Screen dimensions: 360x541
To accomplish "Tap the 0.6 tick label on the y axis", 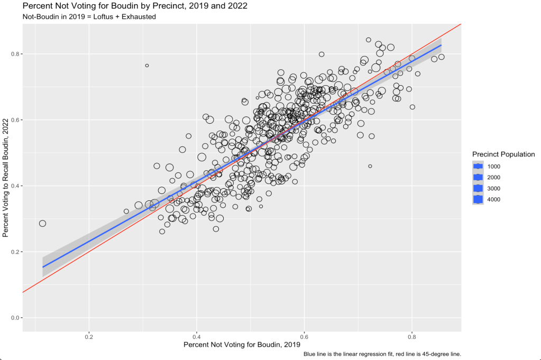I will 14,120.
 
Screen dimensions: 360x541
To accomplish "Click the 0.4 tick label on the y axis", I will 14,186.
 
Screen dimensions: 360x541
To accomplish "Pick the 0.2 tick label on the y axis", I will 14,252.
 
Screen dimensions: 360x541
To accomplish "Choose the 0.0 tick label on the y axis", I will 14,318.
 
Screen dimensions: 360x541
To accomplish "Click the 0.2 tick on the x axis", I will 89,336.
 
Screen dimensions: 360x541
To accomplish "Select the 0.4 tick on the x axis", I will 197,336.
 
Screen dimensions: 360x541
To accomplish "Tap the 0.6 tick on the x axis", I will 305,336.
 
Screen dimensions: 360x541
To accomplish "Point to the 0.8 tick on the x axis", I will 412,336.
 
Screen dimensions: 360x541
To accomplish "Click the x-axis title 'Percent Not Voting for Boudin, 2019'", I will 237,345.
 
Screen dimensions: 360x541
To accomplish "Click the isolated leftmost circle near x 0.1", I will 42,224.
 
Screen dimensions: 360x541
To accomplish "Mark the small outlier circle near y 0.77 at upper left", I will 147,66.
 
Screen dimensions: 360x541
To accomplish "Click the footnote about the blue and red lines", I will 382,354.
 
